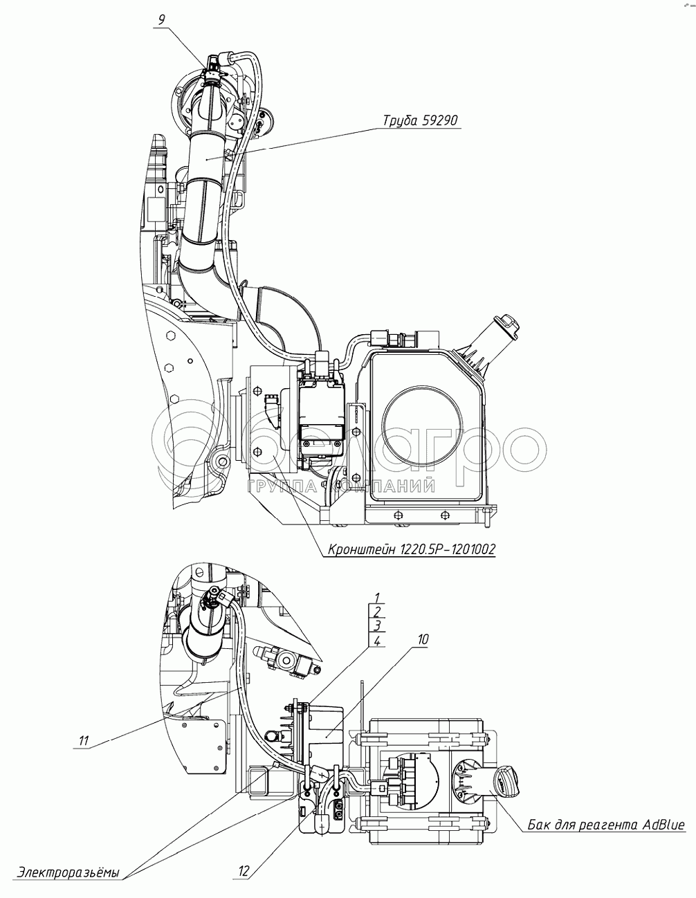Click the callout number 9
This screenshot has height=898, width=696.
pos(161,19)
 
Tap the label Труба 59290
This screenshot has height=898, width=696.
pos(421,121)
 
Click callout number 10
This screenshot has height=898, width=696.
pos(422,640)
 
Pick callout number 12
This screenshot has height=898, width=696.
pos(244,872)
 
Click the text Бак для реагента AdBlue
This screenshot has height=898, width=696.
pos(606,825)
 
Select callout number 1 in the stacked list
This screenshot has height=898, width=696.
pos(377,597)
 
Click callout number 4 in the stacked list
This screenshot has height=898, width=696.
pos(377,641)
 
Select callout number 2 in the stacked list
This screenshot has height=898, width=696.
pos(377,612)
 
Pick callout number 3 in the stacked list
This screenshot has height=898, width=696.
pos(377,626)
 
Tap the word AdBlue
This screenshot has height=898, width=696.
pos(663,825)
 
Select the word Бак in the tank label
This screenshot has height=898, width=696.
pos(541,825)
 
